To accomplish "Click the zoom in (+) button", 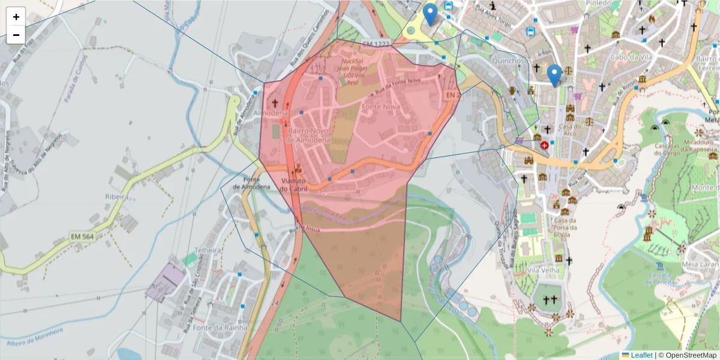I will (16, 17).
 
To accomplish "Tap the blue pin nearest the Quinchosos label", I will (554, 74).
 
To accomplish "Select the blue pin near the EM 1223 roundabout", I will (430, 13).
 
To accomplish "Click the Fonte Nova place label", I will (380, 107).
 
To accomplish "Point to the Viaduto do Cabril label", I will (293, 184).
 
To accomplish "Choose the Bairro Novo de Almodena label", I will (309, 134).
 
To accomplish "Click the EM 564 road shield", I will (82, 236).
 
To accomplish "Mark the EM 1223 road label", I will (376, 44).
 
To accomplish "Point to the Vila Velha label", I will (543, 271).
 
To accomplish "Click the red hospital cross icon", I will (544, 145).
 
